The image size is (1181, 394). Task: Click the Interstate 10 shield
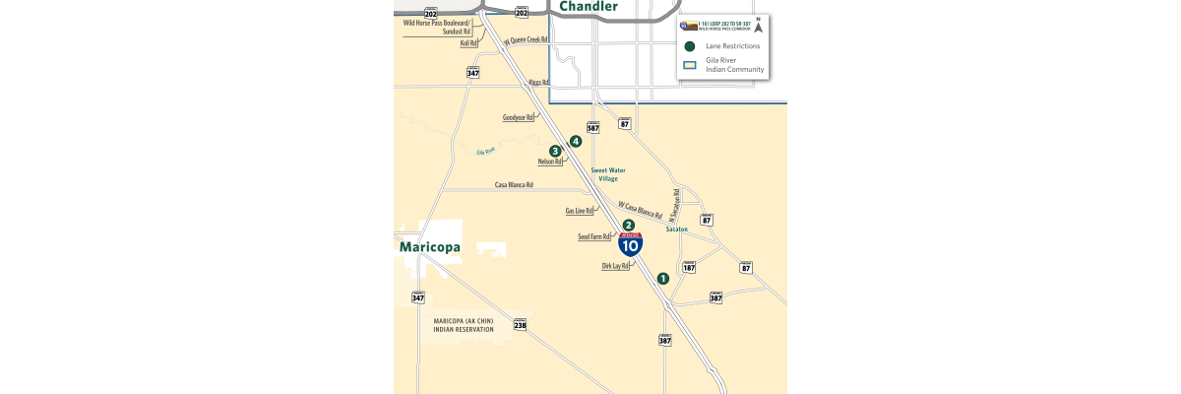[x=631, y=244]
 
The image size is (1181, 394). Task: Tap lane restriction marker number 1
[x=663, y=278]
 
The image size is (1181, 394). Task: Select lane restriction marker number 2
[x=628, y=225]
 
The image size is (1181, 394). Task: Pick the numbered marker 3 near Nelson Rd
[x=555, y=151]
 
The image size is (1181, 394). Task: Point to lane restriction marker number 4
[x=576, y=141]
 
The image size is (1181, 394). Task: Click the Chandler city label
[x=589, y=7]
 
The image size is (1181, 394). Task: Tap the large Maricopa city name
[x=430, y=247]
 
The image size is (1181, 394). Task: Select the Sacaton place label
[x=676, y=229]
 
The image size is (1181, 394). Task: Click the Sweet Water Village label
[x=608, y=174]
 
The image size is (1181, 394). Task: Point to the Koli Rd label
[x=468, y=43]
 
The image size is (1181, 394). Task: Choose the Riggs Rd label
[x=538, y=83]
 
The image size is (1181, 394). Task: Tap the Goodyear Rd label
[x=518, y=117]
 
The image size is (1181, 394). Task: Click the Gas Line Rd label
[x=579, y=211]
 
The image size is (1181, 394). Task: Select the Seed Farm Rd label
[x=594, y=236]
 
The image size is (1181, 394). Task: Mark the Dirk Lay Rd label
[x=615, y=266]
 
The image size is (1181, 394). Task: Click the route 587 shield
[x=592, y=127]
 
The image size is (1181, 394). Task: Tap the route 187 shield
[x=689, y=267]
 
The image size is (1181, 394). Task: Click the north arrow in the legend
[x=758, y=26]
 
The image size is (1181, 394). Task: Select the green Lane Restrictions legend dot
[x=690, y=46]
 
